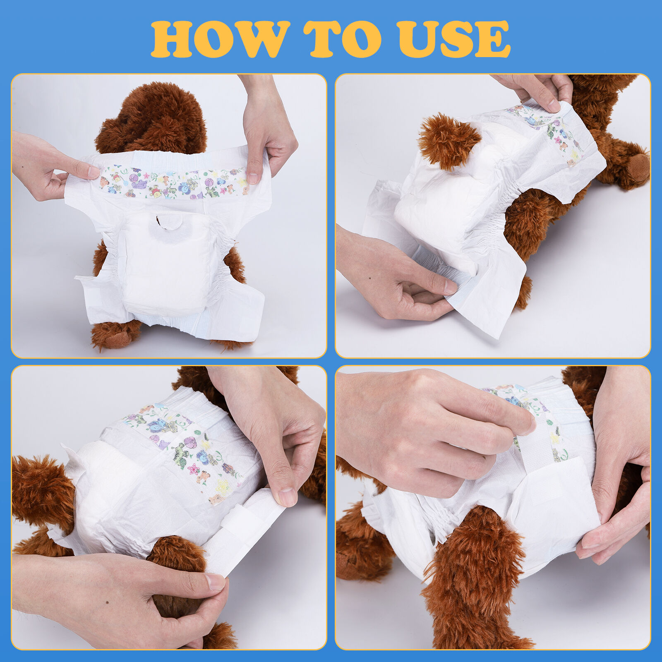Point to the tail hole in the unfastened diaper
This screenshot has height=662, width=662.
(x=168, y=223)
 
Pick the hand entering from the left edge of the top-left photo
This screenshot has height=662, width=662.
(x=46, y=165)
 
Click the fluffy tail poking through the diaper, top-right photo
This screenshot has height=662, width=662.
(x=447, y=141)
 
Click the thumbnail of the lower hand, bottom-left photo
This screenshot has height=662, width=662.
(x=215, y=581)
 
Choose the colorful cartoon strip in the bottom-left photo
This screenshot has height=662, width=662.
(x=186, y=447)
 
